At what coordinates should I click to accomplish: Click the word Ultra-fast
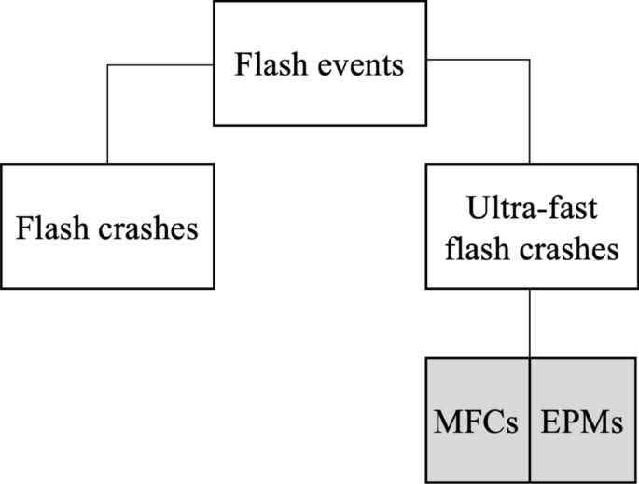pos(528,213)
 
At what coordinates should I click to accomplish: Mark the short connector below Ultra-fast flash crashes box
pos(530,322)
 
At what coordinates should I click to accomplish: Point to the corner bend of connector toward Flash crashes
pos(107,65)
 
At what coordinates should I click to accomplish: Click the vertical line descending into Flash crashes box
pos(107,117)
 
